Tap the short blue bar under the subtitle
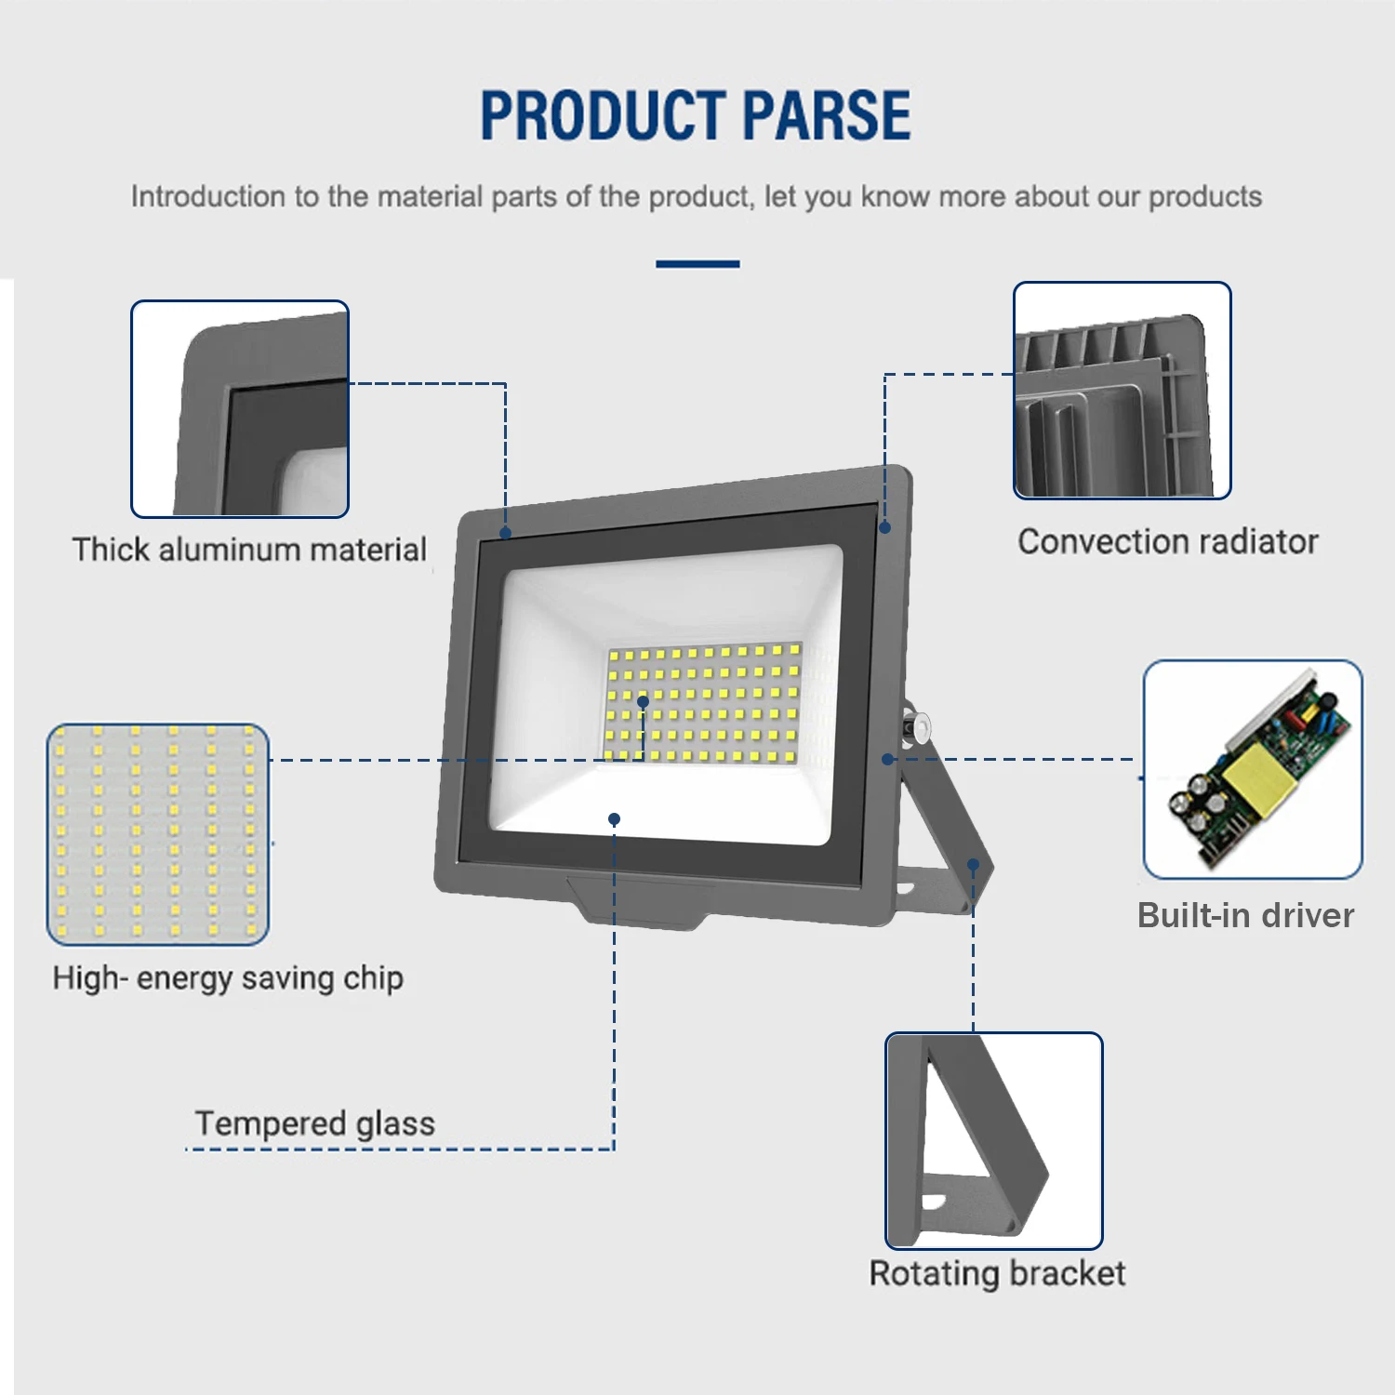[x=697, y=264]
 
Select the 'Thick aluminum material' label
[x=249, y=550]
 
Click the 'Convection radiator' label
[x=1168, y=541]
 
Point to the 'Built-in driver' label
[x=1245, y=915]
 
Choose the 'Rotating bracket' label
[x=997, y=1273]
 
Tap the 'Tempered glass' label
[x=314, y=1123]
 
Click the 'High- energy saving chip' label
[x=228, y=977]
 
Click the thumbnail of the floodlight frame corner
[x=240, y=409]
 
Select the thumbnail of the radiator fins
[x=1122, y=391]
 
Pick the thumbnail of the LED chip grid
[x=158, y=834]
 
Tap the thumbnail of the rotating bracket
[x=993, y=1140]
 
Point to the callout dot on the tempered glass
[x=614, y=818]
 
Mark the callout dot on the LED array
[x=643, y=701]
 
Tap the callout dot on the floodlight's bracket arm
[x=973, y=864]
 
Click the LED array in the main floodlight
[x=702, y=702]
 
